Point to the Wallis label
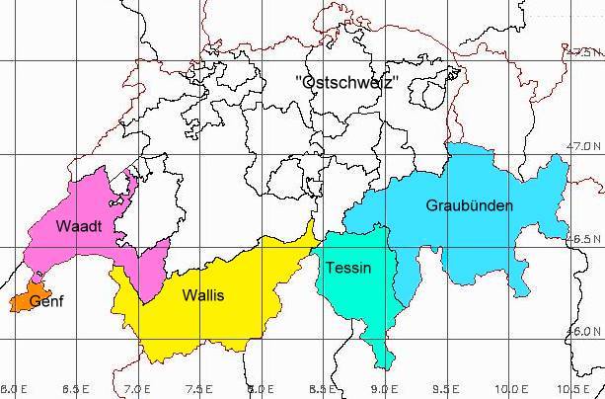click(x=202, y=294)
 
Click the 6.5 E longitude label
click(x=76, y=389)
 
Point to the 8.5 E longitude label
click(x=322, y=389)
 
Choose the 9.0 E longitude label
click(x=384, y=389)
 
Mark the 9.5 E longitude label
click(x=445, y=389)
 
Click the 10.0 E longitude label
click(x=510, y=389)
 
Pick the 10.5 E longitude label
click(x=574, y=389)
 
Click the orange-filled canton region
click(x=24, y=301)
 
